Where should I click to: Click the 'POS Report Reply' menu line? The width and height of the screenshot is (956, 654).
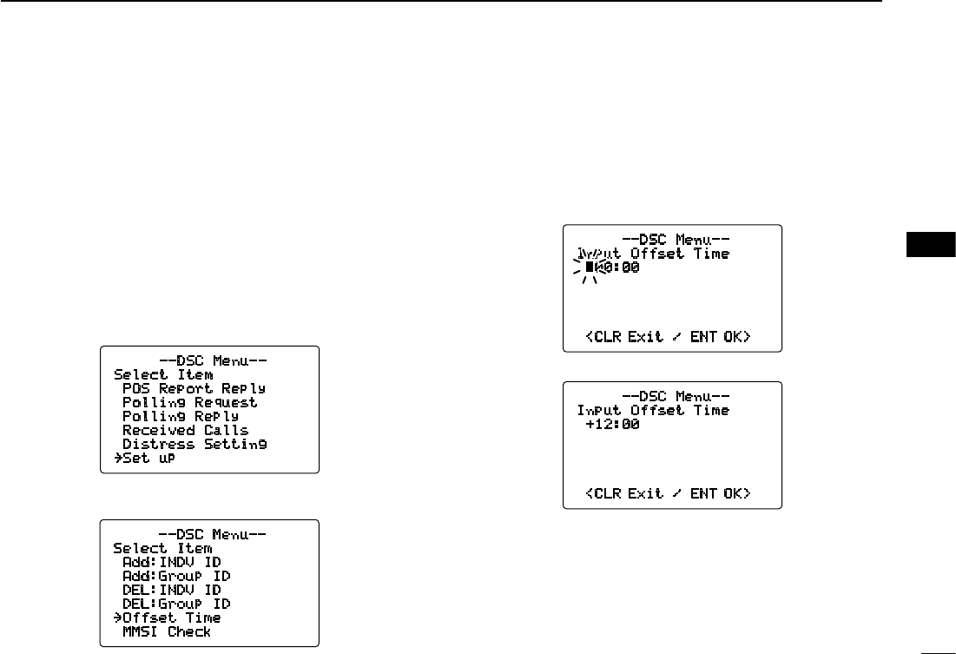coord(194,388)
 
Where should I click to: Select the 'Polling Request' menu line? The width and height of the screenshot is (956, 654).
coord(189,402)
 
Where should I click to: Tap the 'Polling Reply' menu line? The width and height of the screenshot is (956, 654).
coord(181,416)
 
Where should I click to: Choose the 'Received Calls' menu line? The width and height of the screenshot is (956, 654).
coord(185,430)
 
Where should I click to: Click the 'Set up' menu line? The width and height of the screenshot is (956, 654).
coord(148,458)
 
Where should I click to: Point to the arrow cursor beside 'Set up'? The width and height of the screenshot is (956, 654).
coord(117,458)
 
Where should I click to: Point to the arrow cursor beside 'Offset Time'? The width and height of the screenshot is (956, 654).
coord(117,618)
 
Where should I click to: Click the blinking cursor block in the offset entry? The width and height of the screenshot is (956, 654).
coord(590,268)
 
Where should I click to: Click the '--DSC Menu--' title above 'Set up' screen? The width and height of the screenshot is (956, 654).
coord(209,360)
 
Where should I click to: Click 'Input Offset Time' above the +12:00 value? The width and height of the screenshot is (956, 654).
coord(653,410)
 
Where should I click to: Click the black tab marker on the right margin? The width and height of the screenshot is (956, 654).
coord(931,246)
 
